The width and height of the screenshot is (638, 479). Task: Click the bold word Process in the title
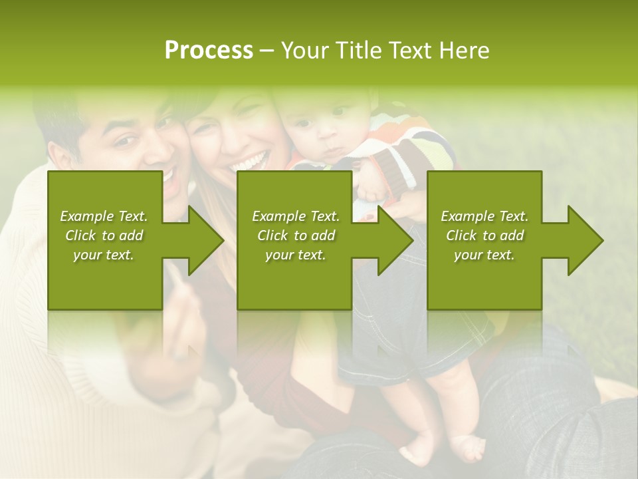[x=209, y=51]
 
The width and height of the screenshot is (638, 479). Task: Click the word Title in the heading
[x=358, y=51]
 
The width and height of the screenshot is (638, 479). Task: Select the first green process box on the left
[x=105, y=279]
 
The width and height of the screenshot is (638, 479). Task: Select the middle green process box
[x=294, y=279]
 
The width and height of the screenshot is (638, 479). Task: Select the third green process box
[x=484, y=279]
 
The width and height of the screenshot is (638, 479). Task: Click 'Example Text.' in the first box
[x=104, y=216]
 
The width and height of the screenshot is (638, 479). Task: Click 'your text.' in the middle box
[x=295, y=255]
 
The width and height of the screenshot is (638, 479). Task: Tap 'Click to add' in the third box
[x=484, y=236]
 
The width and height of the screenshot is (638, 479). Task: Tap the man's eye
[x=125, y=141]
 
